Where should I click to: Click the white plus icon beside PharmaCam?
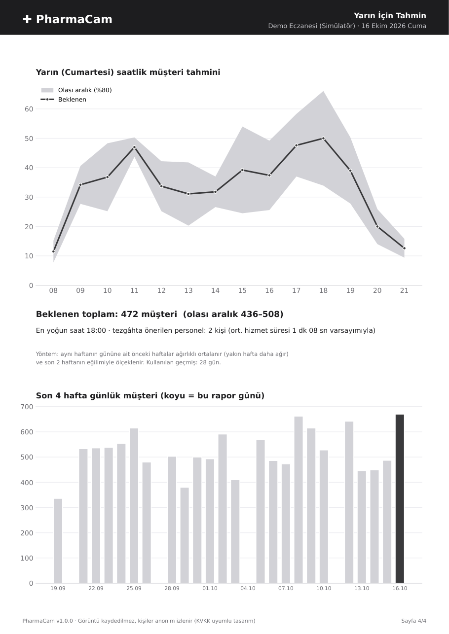tap(27, 19)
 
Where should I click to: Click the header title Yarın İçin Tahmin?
tap(390, 16)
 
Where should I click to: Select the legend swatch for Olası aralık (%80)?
tap(47, 90)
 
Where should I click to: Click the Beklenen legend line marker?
tap(47, 100)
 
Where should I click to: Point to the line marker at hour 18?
tap(323, 139)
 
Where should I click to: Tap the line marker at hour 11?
tap(134, 147)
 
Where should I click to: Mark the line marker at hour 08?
tap(54, 251)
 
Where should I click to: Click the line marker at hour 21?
tap(404, 248)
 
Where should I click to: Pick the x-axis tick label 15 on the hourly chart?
tap(242, 290)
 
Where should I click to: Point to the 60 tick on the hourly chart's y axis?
tap(29, 109)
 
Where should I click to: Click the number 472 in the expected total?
tap(129, 314)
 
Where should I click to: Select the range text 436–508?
tap(261, 314)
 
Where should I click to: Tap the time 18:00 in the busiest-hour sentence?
tap(96, 330)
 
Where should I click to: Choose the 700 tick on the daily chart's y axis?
tap(27, 407)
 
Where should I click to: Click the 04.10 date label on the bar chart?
tap(248, 588)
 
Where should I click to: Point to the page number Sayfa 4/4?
tap(413, 621)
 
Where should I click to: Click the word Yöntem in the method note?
tap(47, 354)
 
